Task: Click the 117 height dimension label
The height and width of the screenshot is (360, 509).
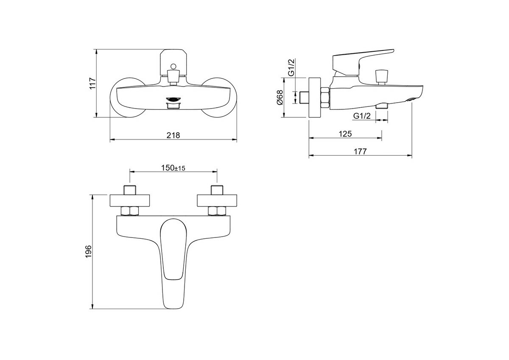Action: pos(93,84)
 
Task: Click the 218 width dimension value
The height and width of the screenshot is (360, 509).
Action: pos(173,135)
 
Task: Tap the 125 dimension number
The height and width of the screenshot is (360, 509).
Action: pos(345,134)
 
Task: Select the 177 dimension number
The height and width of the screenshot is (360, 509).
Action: pos(360,151)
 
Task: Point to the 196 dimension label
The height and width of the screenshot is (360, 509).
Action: pos(88,251)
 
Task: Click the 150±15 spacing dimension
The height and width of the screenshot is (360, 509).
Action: pos(173,168)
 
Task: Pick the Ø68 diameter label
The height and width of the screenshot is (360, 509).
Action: pos(280,98)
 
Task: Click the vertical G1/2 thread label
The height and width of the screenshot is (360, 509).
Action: pos(291,67)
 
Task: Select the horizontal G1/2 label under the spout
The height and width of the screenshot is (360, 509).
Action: pos(362,116)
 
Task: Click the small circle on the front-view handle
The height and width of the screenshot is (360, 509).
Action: pos(173,66)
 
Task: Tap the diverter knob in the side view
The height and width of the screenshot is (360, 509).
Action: pos(381,77)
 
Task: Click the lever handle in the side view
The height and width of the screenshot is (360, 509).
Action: pos(363,61)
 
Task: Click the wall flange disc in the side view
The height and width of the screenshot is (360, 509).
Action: pos(315,98)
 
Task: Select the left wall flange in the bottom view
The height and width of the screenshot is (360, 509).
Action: pos(130,201)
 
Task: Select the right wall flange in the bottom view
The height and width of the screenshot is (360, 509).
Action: pos(217,201)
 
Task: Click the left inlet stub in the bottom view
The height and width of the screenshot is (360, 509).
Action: pos(130,190)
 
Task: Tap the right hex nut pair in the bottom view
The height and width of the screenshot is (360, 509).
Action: pos(217,211)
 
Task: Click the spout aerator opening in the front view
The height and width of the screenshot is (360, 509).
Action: pos(173,99)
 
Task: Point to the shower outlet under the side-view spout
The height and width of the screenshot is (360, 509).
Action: pos(382,106)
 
